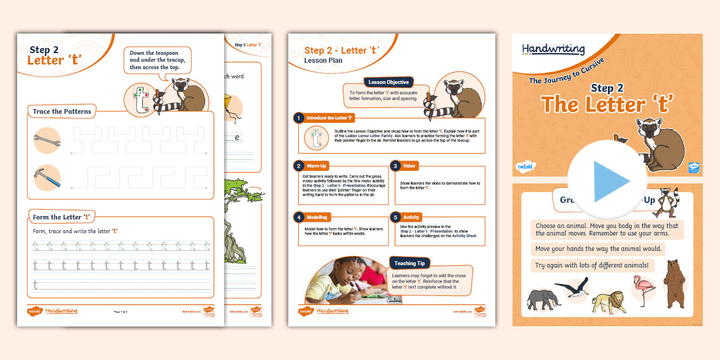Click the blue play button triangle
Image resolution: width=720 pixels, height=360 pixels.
coord(611,182)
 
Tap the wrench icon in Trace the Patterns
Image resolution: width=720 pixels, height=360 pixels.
coord(47,140)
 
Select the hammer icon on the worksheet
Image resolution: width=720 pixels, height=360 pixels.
coord(47,178)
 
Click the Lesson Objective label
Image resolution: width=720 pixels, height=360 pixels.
coord(389,82)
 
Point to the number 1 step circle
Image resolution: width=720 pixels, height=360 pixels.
coord(298,118)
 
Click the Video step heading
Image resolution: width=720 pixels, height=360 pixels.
coord(409,166)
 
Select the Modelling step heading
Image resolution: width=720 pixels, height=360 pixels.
coord(317,217)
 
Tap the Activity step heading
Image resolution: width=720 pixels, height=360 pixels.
coord(411,217)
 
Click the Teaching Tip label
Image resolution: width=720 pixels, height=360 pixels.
coord(409,263)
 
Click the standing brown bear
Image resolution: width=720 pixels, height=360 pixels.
coord(674,283)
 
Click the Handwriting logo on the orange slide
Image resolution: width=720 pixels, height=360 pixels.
coord(553,50)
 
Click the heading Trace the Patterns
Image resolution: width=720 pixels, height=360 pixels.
coord(62,111)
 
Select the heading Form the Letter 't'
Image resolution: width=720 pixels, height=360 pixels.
coord(62,217)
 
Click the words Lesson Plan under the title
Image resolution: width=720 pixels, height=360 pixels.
coord(323,61)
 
